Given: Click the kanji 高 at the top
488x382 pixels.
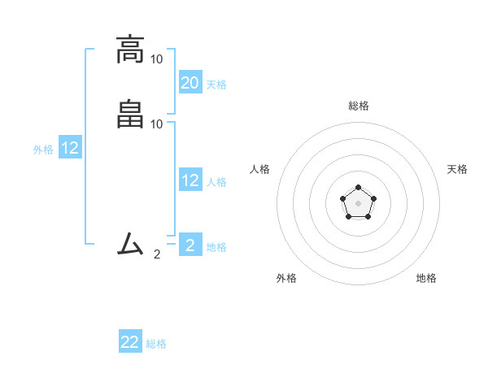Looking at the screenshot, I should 129,49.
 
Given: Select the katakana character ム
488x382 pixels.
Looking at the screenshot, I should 129,243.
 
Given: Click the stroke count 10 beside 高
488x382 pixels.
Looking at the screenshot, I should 157,59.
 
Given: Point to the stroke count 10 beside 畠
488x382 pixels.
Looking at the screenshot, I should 157,124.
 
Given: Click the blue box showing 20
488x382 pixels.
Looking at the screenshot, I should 190,82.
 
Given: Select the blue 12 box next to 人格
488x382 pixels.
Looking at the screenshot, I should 190,180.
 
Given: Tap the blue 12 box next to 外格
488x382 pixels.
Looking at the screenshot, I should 70,148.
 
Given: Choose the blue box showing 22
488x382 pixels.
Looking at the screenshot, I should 130,342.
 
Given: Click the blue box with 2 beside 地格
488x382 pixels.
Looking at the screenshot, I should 190,245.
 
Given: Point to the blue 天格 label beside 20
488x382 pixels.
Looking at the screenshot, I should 216,85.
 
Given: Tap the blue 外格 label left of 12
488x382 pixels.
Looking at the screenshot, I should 43,150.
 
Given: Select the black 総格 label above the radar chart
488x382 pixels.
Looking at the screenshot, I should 358,106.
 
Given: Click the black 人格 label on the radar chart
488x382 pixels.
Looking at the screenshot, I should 259,169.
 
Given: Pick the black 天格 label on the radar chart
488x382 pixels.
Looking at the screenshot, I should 457,169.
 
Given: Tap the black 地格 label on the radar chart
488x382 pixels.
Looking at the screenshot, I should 426,278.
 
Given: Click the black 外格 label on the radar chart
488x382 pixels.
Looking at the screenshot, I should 286,278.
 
